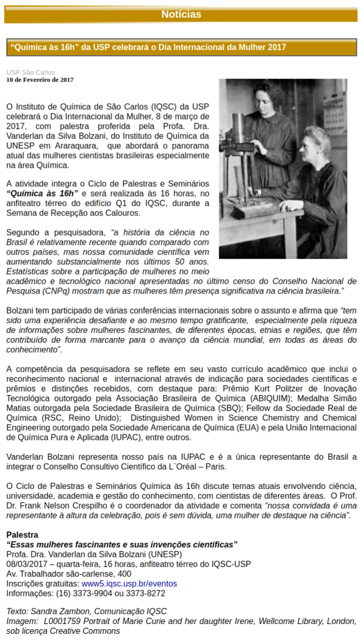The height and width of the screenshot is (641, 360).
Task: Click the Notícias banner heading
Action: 181,14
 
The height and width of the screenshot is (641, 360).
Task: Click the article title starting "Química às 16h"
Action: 148,47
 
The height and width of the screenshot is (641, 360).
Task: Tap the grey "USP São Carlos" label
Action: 30,72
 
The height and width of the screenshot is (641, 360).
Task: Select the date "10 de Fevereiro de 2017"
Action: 40,80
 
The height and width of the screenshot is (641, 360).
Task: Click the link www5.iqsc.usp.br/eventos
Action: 129,584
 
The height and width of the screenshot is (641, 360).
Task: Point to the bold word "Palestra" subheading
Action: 22,535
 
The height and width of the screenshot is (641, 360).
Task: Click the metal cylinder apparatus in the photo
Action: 238,139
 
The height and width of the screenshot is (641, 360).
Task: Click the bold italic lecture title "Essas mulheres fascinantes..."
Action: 122,545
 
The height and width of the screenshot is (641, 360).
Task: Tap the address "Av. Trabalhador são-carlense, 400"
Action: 68,574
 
